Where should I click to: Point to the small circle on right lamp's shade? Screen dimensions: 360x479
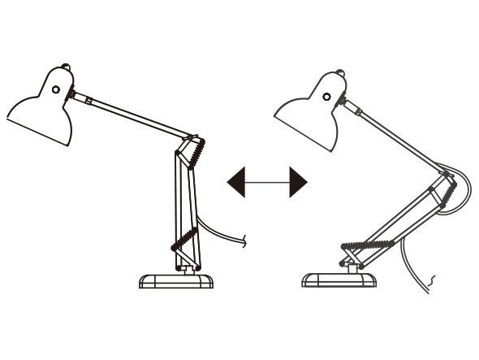(x=326, y=96)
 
